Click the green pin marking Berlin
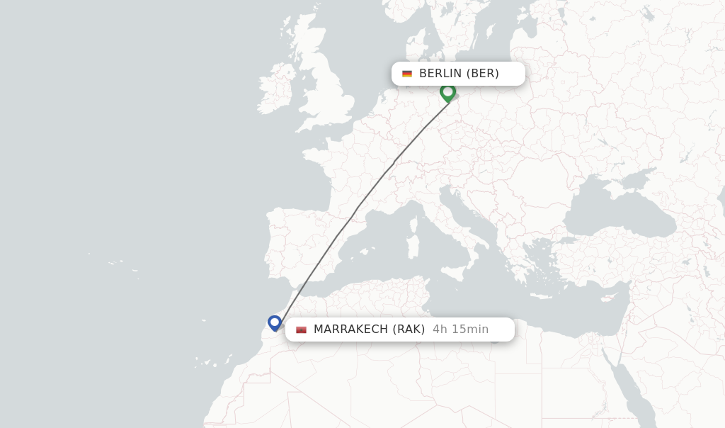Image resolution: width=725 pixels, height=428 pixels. click(447, 91)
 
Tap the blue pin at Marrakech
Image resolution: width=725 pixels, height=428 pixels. click(275, 322)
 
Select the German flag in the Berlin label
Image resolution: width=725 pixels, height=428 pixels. click(407, 74)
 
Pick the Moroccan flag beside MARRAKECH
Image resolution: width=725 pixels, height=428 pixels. click(301, 330)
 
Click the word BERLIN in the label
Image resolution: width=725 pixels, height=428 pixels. click(440, 74)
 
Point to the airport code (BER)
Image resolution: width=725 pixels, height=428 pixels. click(483, 74)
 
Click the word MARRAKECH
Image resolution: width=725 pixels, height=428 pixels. click(350, 330)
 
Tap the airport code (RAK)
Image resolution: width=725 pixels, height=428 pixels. click(409, 330)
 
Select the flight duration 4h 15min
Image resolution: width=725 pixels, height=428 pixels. click(460, 330)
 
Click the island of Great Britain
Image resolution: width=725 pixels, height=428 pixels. click(329, 92)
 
